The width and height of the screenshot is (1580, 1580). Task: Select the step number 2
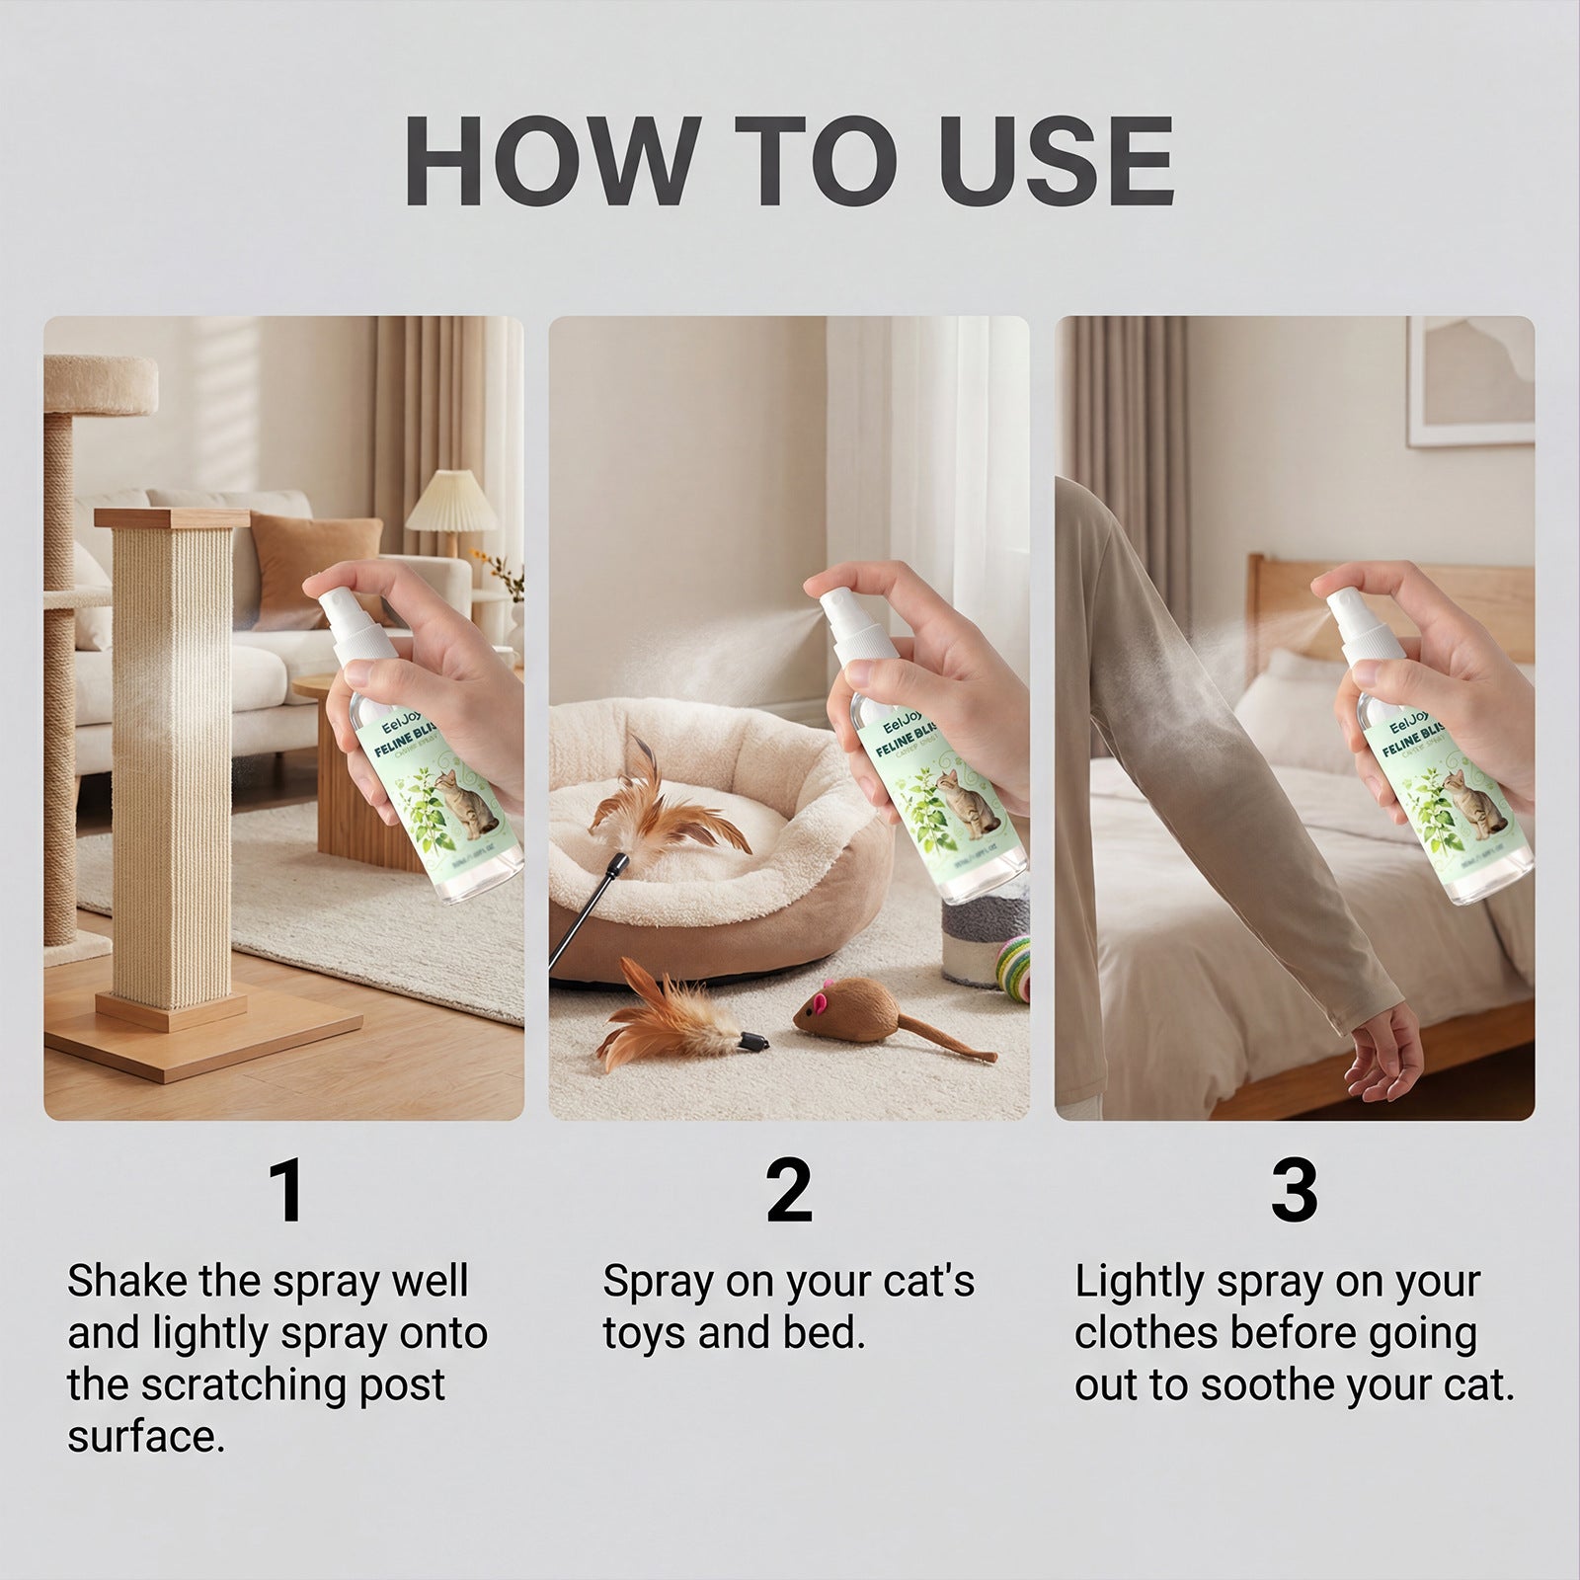click(x=789, y=1191)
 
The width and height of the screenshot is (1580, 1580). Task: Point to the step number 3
click(x=1294, y=1191)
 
